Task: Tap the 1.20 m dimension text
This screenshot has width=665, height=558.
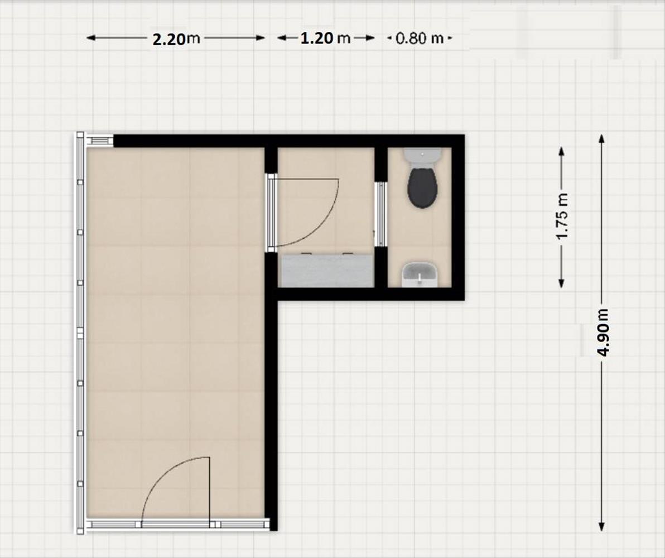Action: (326, 38)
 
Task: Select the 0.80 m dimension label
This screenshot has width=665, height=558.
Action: (420, 39)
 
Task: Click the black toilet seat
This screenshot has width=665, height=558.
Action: (422, 187)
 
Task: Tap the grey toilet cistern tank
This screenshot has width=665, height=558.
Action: (422, 156)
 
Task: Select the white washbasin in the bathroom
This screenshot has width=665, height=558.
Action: (420, 274)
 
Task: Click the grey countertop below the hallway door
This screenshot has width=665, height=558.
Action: (326, 270)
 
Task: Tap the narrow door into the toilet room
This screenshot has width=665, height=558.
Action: (380, 214)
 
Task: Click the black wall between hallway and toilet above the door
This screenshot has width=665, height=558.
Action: (381, 164)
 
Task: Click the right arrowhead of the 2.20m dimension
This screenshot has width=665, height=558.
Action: (261, 38)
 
